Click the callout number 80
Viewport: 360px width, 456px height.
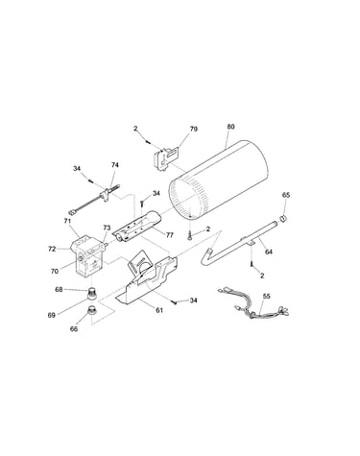(x=230, y=127)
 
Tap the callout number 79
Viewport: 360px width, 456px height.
(x=194, y=129)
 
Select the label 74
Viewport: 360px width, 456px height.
(x=115, y=165)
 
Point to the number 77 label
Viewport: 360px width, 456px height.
(x=170, y=235)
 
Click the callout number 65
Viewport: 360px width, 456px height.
(x=286, y=195)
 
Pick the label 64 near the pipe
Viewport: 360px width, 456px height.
(x=269, y=252)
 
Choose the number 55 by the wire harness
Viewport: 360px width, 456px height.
(x=267, y=296)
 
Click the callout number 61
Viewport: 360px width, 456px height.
(x=159, y=310)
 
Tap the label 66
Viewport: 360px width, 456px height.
(x=74, y=328)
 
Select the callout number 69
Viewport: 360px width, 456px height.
(x=52, y=315)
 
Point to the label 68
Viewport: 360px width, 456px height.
(x=59, y=290)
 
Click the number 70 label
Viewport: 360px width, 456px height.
(x=55, y=272)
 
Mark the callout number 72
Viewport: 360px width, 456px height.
(x=52, y=249)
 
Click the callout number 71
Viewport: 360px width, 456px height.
(x=67, y=221)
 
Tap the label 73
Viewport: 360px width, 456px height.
(x=107, y=228)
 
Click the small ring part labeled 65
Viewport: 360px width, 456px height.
(x=283, y=219)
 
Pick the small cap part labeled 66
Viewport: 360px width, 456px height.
(x=92, y=311)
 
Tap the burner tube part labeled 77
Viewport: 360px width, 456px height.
(x=137, y=227)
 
